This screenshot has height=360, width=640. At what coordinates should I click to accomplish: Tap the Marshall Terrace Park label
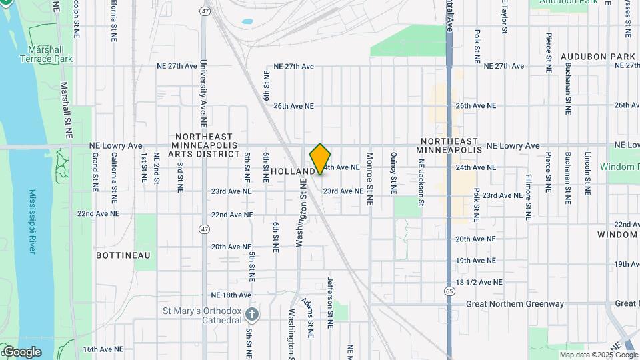pos(49,55)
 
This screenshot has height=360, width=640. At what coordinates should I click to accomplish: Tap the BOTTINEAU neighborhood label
pos(123,255)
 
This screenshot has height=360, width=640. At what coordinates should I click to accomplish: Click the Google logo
pos(21,351)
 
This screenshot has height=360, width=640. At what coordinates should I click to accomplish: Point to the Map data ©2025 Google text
pos(599,355)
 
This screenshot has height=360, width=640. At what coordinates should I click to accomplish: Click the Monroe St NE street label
pos(369,173)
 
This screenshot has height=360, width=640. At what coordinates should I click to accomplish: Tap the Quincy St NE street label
pos(393,173)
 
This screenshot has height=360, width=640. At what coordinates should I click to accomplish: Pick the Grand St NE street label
pos(95,172)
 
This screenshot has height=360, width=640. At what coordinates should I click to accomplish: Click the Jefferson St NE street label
pos(329,302)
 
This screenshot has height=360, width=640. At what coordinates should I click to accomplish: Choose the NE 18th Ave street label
pos(231,295)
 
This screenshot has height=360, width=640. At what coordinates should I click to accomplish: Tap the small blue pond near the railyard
pos(247,22)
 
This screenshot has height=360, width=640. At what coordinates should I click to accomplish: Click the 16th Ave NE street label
pos(103,349)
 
